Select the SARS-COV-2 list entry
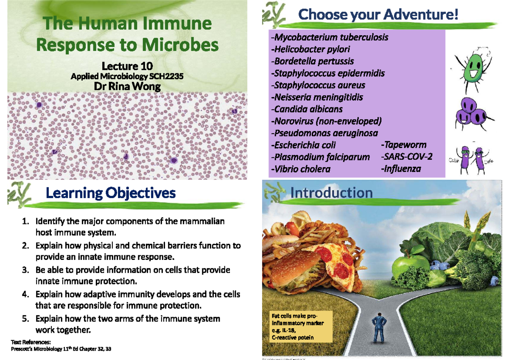point(407,157)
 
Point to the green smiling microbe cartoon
point(473,68)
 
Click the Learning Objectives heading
point(110,193)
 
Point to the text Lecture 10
point(127,66)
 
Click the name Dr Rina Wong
point(127,87)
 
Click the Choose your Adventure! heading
point(378,16)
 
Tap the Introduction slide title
point(331,193)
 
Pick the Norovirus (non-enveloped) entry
point(326,121)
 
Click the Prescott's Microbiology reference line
point(59,349)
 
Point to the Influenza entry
point(401,169)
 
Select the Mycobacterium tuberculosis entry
point(329,37)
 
